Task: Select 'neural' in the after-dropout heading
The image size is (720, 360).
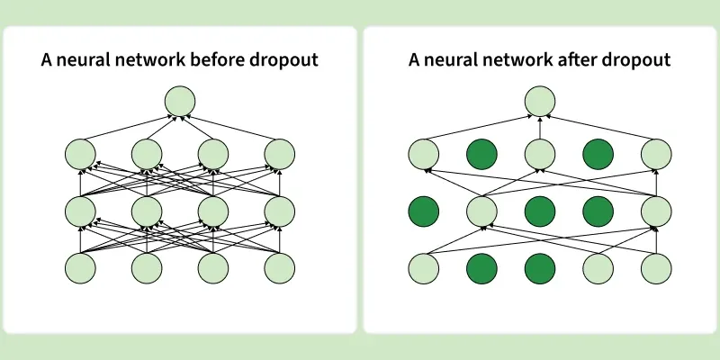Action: (x=445, y=60)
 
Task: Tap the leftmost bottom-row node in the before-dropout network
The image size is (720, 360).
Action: (x=80, y=268)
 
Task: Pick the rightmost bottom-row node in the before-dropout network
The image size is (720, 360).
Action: (x=280, y=268)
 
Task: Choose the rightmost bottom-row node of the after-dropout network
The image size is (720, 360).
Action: (x=658, y=268)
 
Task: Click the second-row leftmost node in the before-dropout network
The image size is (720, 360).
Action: (x=80, y=155)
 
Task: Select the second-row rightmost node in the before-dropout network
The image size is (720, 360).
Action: (x=280, y=155)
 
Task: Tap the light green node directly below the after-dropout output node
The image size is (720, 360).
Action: (x=540, y=155)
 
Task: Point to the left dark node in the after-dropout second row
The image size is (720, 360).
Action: (x=481, y=155)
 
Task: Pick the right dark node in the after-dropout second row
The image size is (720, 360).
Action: (x=598, y=155)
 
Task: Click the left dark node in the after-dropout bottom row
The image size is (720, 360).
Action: (x=481, y=268)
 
